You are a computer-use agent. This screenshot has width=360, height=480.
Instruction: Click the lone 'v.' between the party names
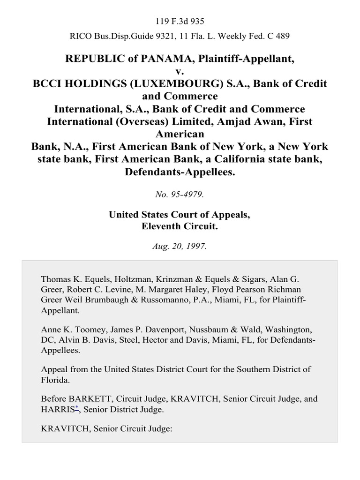coord(180,71)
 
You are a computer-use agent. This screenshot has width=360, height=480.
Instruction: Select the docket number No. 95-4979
coord(180,195)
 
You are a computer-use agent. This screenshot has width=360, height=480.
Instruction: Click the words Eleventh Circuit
coord(180,226)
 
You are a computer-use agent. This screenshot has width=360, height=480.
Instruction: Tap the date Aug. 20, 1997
coord(180,247)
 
